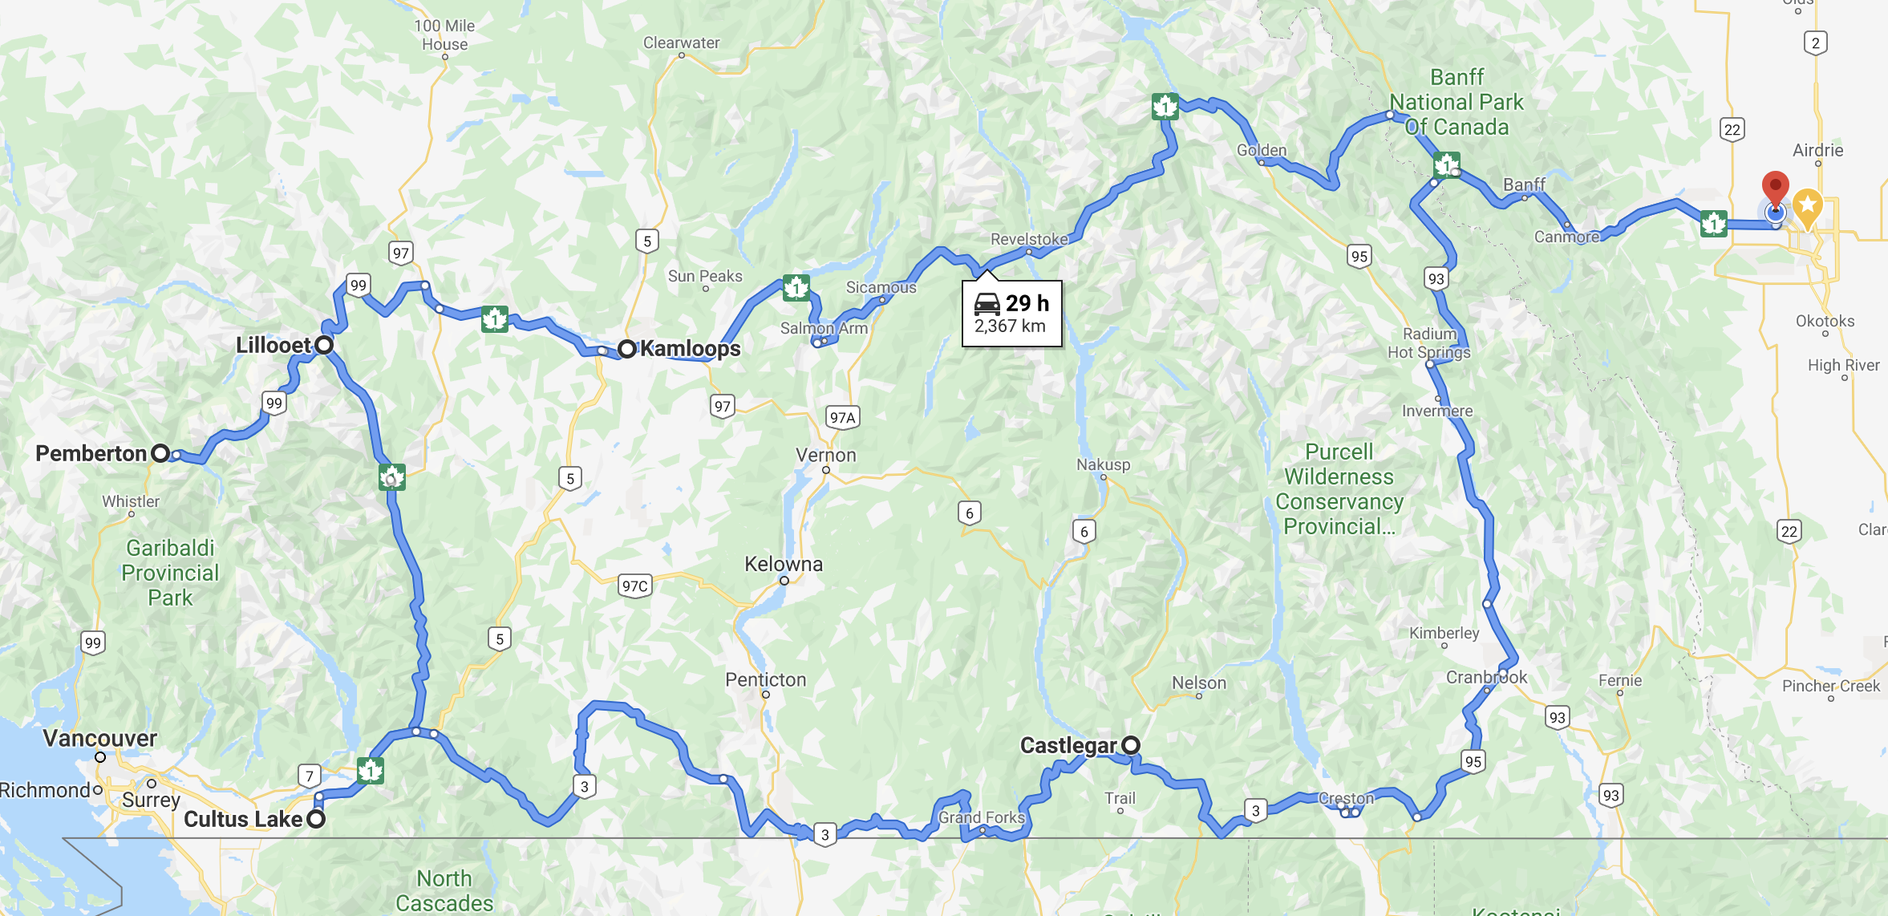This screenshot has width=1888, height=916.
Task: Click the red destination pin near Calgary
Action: [x=1775, y=187]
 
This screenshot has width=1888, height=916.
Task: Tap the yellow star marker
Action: [x=1807, y=205]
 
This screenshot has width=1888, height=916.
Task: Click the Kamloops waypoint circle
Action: [x=626, y=349]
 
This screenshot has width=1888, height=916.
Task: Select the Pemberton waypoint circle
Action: [x=160, y=454]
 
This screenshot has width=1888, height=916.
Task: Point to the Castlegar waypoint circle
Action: [x=1131, y=745]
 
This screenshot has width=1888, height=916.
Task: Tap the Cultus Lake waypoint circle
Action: [x=317, y=819]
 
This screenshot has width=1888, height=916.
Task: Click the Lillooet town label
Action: [x=273, y=345]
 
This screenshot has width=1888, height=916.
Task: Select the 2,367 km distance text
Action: [x=1010, y=326]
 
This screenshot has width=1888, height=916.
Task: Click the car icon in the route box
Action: [x=987, y=303]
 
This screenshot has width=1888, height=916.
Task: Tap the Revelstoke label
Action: [x=1029, y=239]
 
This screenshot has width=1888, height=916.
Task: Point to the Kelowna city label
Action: [x=784, y=564]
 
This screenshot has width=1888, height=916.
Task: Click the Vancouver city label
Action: [x=99, y=738]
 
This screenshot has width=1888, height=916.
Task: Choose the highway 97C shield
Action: [x=634, y=586]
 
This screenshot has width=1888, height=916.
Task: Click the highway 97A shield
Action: [x=842, y=417]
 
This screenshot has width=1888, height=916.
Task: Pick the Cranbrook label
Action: [x=1486, y=677]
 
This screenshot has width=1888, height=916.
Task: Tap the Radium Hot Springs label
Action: [x=1429, y=342]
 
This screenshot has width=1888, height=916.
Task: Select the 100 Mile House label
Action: [x=444, y=35]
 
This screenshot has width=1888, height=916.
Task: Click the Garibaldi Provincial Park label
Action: [x=170, y=573]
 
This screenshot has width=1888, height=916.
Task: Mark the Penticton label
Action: [x=765, y=679]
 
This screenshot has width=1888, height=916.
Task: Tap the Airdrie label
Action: [x=1817, y=150]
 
